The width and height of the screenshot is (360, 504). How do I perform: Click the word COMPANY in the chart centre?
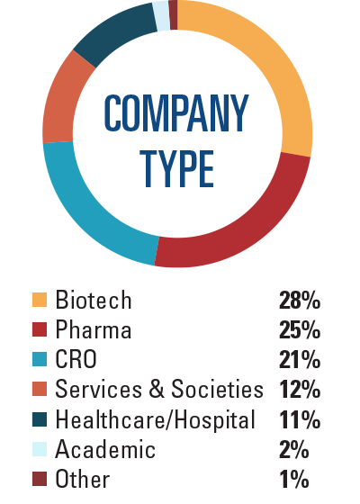176,112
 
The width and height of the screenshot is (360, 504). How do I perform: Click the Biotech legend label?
93,300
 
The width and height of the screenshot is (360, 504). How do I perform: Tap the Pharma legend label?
93,330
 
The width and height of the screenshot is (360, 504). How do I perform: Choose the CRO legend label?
76,360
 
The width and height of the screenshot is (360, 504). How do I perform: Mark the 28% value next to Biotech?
301,300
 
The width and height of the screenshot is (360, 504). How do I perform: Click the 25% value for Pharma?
301,330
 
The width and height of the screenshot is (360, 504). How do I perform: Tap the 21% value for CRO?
301,360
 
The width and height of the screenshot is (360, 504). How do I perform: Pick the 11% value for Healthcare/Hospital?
301,419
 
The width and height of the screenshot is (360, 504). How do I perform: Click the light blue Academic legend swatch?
39,449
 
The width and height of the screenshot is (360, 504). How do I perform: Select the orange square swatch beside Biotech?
39,300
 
